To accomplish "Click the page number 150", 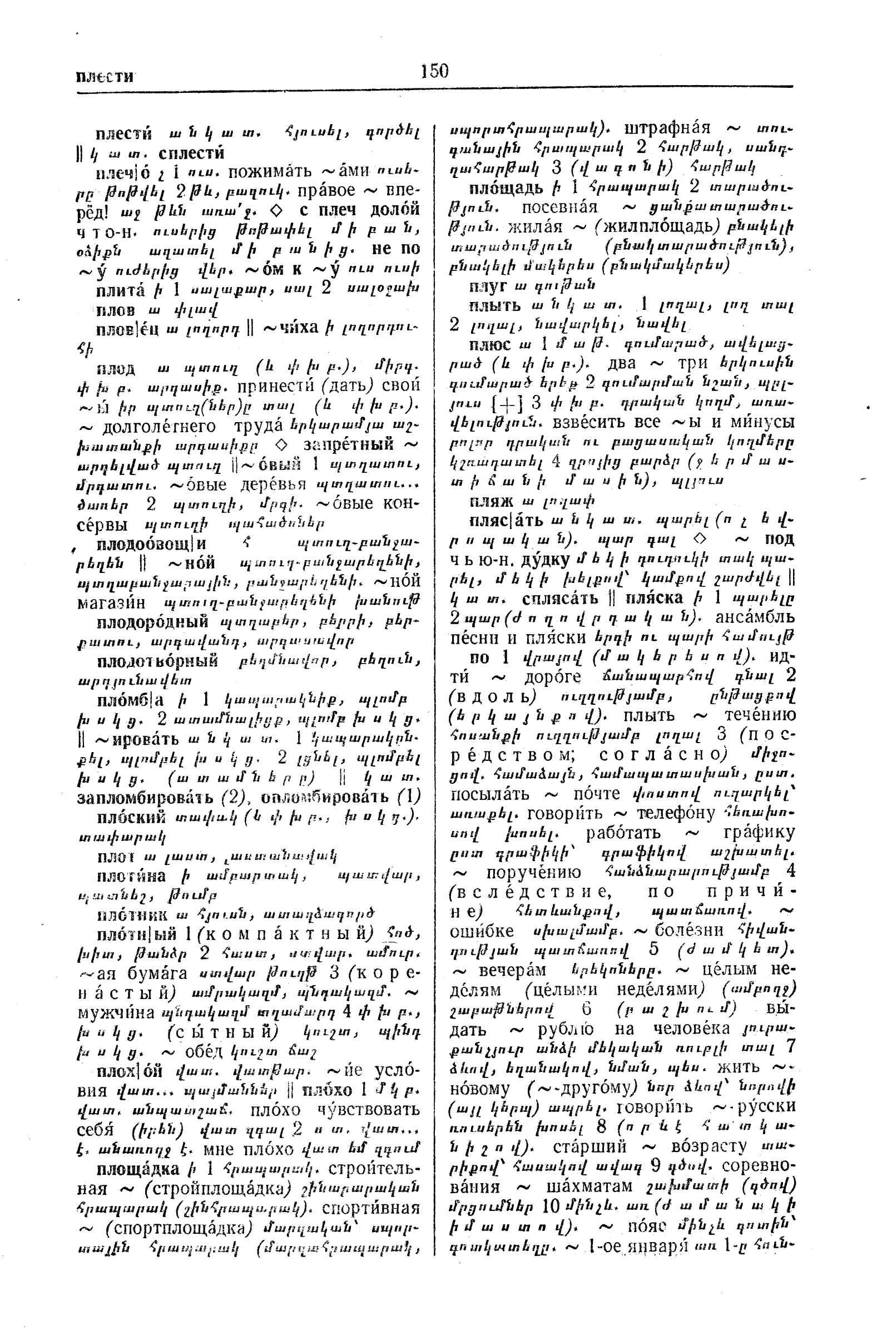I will click(x=434, y=71).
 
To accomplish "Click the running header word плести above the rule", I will click(x=105, y=76).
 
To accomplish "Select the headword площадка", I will click(x=137, y=1170).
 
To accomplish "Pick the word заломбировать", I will click(x=145, y=796).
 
